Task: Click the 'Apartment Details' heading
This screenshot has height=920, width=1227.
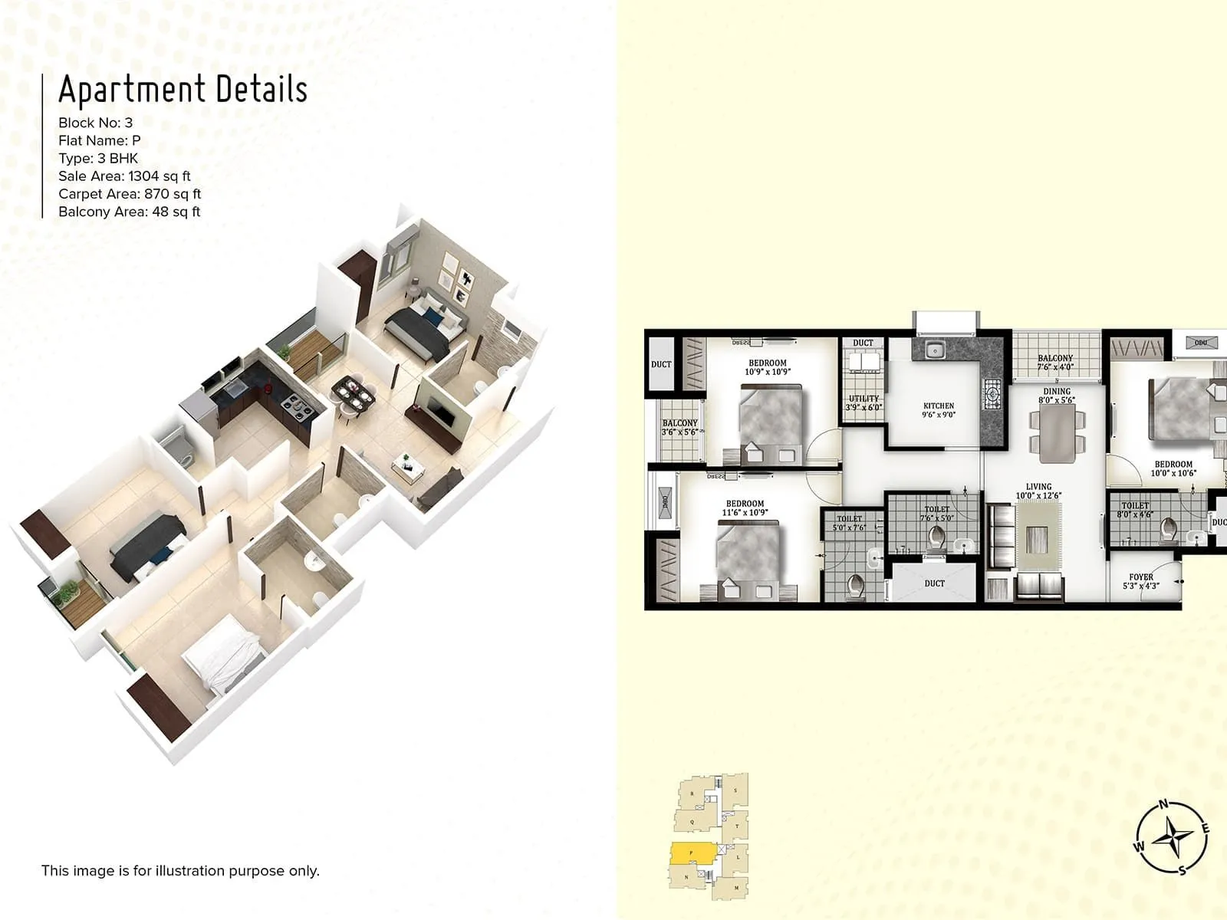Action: (183, 89)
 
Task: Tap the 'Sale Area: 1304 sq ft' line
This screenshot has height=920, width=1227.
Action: (124, 176)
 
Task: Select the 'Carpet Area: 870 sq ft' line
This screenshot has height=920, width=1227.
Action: (130, 194)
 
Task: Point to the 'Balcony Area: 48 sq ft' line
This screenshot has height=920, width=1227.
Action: (129, 212)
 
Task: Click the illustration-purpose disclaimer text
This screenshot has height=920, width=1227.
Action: (180, 870)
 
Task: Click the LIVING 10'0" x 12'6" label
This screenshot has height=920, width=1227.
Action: (1039, 491)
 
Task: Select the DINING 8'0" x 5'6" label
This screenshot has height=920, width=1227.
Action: (1057, 396)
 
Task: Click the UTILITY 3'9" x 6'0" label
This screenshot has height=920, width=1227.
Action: (864, 402)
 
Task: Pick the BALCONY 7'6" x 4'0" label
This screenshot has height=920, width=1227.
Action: (1055, 362)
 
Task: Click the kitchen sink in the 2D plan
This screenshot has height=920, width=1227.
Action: (933, 351)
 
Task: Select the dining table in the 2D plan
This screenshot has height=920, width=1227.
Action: (1058, 433)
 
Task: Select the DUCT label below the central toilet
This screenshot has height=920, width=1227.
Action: (934, 583)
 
